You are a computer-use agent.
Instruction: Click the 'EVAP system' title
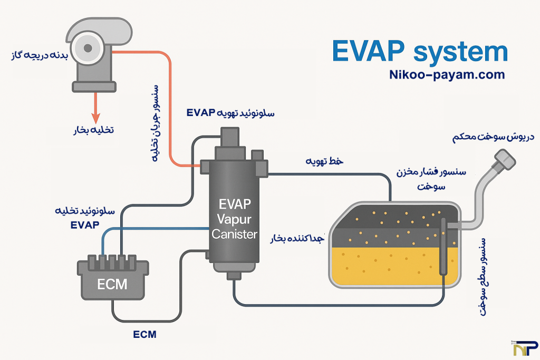coord(420,53)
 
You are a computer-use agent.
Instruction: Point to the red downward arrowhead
coord(95,116)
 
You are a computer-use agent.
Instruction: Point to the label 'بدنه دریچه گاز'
coord(35,55)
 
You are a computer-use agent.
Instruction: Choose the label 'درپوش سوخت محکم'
coord(493,138)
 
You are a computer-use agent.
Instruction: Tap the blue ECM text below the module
coord(144,334)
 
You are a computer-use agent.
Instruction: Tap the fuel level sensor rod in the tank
coord(442,245)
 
